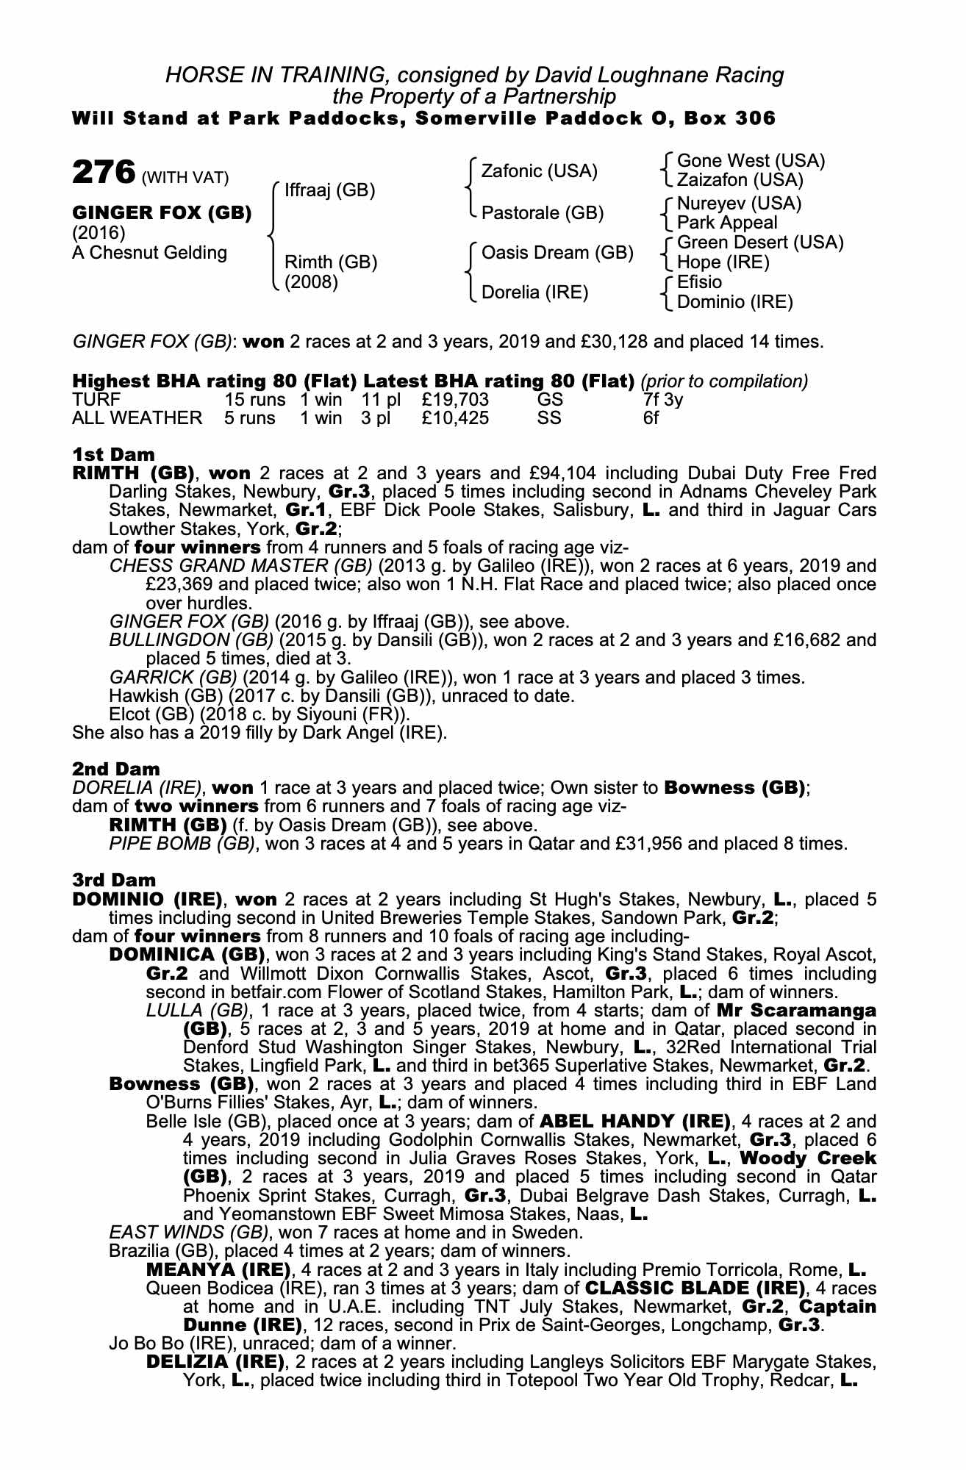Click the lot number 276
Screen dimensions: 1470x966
(x=104, y=173)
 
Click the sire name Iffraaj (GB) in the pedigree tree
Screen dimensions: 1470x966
(x=329, y=191)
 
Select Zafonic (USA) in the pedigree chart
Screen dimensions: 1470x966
(x=539, y=171)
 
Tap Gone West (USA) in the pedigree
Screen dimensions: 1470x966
(x=751, y=161)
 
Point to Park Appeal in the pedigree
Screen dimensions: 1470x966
(x=727, y=223)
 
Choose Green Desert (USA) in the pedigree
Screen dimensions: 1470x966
(x=760, y=243)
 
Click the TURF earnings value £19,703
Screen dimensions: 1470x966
(x=455, y=400)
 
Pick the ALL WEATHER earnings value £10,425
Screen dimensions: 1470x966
(x=455, y=418)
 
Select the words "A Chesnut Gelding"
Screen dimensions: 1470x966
(x=150, y=253)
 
